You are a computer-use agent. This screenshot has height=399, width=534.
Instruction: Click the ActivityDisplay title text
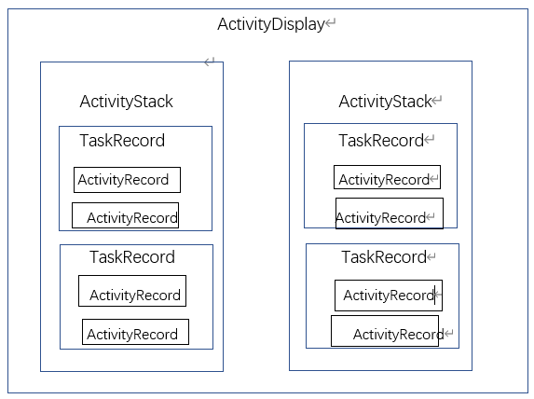pos(269,24)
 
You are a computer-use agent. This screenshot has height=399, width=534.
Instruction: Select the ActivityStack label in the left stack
pos(126,102)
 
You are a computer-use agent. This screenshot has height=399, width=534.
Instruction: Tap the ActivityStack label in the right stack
pos(384,102)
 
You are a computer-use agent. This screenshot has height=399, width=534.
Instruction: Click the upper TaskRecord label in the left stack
pos(121,141)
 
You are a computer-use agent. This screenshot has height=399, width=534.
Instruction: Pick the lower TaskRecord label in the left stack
pos(131,257)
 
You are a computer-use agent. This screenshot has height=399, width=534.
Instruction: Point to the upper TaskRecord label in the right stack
pos(380,141)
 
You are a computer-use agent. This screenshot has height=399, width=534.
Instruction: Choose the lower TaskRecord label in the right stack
pos(383,257)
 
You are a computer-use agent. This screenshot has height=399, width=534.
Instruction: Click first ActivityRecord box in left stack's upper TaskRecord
pos(127,180)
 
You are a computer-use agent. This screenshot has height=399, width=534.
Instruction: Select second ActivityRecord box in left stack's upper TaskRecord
pos(125,216)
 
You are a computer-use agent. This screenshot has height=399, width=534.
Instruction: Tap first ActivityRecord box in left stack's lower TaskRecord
pos(132,291)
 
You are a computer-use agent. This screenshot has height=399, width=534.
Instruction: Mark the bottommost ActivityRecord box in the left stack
pos(135,333)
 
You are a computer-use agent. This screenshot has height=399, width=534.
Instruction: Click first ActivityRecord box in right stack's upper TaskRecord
pos(387,178)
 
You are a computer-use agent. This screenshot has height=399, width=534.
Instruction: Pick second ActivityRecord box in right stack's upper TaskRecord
pos(389,213)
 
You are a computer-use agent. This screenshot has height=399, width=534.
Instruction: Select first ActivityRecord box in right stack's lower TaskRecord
pos(389,296)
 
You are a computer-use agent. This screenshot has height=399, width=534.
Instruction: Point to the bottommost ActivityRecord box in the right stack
pos(384,332)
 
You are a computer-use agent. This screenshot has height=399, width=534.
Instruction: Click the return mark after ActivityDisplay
pos(330,25)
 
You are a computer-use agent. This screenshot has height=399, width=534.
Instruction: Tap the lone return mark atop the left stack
pos(210,62)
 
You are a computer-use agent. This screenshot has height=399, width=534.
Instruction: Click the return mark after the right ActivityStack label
pos(437,102)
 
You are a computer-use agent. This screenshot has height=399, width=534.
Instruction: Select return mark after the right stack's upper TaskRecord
pos(430,141)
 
